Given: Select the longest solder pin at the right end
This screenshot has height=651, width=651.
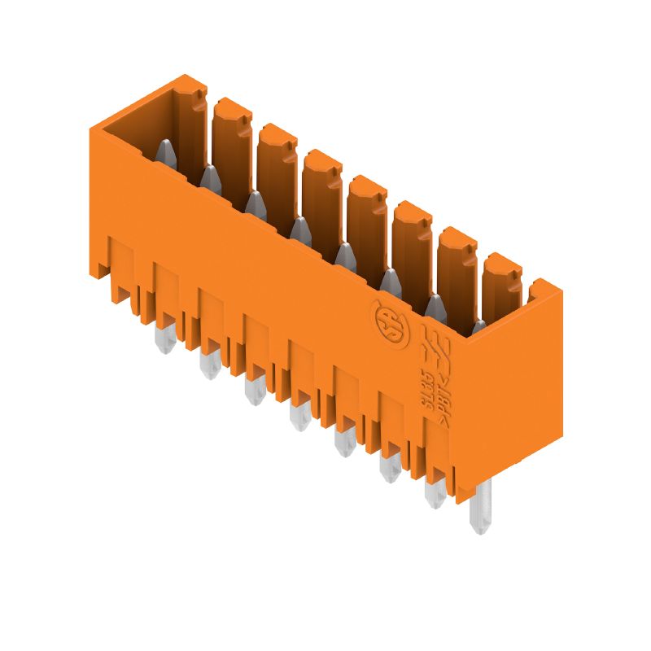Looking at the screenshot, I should coord(482,508).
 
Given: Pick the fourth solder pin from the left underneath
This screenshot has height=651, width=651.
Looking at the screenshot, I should coord(299,418).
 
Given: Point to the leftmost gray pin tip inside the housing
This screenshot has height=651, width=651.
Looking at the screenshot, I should coord(164,151).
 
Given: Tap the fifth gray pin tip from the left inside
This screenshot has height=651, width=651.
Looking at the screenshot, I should coord(345,255).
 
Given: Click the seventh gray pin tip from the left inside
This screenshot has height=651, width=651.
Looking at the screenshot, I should coord(435,307).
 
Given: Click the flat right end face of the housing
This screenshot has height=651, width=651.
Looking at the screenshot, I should coord(509,391).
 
